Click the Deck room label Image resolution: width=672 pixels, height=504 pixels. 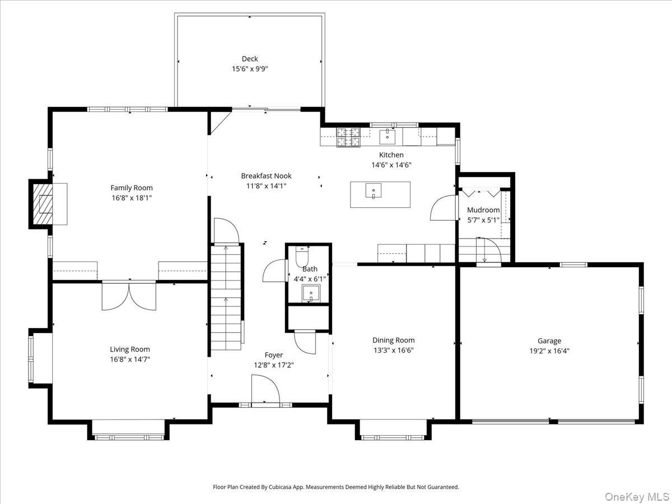tap(250, 59)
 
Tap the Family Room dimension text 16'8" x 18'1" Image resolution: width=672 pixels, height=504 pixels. tap(131, 198)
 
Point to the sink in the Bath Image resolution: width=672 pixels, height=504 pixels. tap(310, 293)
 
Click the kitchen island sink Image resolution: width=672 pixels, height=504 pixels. tap(373, 191)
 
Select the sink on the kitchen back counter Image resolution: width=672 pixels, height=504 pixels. tap(387, 136)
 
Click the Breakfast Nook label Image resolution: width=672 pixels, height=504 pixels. tap(266, 176)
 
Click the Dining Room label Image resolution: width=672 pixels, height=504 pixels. tap(393, 340)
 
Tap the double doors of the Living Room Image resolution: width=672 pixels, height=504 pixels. tap(129, 296)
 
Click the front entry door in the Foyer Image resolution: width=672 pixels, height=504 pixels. tap(265, 389)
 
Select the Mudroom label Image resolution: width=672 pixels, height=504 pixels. tap(483, 210)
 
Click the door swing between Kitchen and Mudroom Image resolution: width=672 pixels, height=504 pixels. tap(442, 208)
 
